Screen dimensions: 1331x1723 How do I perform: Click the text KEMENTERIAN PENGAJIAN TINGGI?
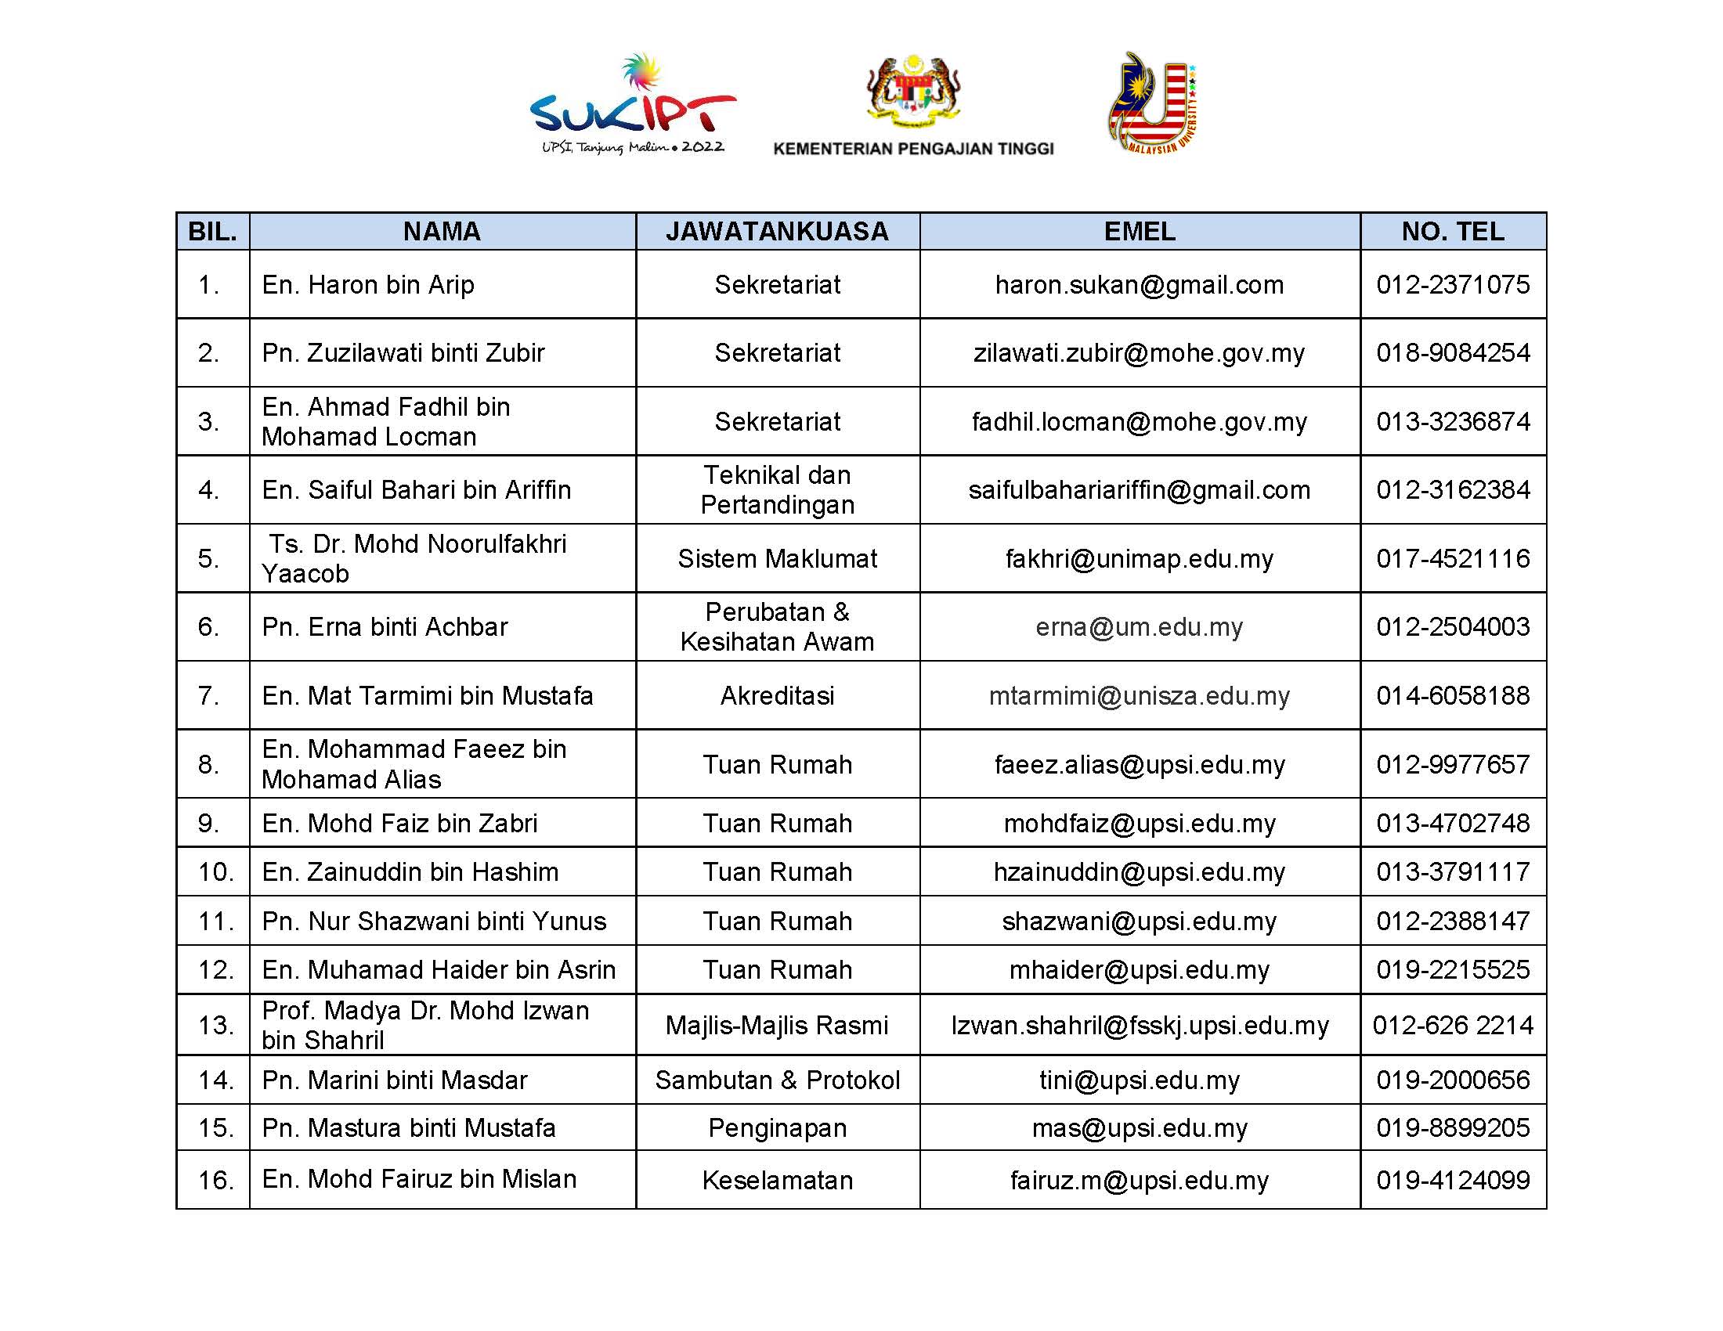[x=912, y=149]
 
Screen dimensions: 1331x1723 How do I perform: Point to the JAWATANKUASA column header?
[x=777, y=231]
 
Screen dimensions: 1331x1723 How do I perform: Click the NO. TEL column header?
[x=1452, y=231]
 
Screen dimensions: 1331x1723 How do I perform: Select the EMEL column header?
[x=1140, y=231]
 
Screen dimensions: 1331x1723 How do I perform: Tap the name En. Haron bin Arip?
[x=368, y=285]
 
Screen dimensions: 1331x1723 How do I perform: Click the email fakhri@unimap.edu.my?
[x=1140, y=558]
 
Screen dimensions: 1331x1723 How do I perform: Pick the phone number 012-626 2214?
[x=1452, y=1025]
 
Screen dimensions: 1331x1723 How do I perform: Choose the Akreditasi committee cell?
[x=777, y=695]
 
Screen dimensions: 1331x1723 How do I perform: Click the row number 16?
[x=215, y=1180]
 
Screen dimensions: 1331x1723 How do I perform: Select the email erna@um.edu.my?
[x=1140, y=627]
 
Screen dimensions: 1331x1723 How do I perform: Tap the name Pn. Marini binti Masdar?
[x=395, y=1080]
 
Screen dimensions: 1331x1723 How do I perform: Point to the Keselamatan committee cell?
[x=777, y=1180]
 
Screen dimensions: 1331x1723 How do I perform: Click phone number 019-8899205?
[x=1452, y=1127]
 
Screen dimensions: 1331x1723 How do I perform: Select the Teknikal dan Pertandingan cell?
[x=777, y=489]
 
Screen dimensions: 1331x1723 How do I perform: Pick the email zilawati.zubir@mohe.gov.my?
[x=1140, y=352]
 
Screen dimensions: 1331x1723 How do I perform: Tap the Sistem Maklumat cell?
[x=777, y=558]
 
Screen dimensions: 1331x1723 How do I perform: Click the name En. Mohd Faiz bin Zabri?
[x=399, y=823]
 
